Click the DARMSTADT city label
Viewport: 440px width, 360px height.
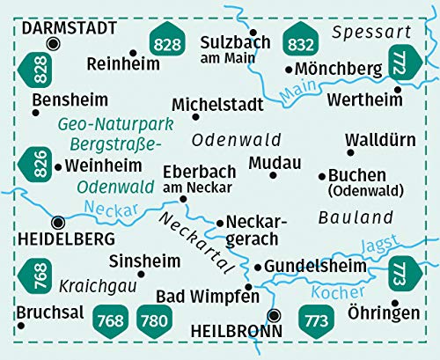point(69,27)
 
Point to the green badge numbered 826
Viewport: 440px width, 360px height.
point(37,164)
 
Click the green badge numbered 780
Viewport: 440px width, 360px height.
point(154,320)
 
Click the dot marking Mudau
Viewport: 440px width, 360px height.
point(274,176)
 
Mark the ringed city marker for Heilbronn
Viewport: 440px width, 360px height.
point(275,314)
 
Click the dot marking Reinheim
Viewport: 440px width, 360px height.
point(133,52)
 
